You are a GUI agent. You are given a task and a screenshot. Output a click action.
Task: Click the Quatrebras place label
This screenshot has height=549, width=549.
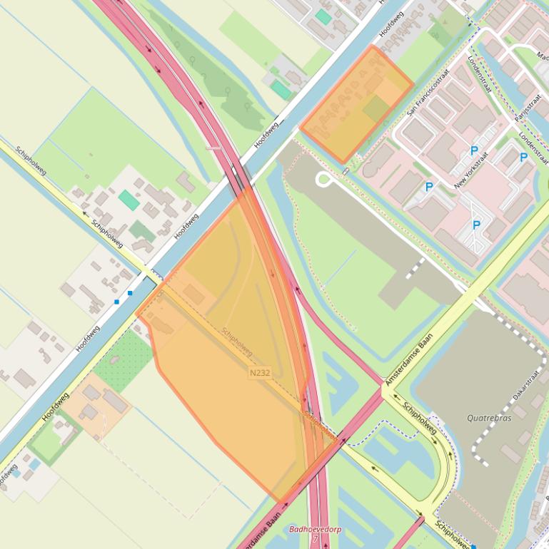(489, 418)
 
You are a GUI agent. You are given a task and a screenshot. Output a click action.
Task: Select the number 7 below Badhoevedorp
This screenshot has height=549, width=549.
(314, 539)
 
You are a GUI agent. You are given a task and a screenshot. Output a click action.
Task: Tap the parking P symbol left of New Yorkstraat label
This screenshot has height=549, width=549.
(429, 187)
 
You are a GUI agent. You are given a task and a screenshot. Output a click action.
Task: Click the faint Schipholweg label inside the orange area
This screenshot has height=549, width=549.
(237, 342)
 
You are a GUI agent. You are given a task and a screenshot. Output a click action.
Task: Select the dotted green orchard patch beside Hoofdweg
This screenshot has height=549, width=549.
(123, 360)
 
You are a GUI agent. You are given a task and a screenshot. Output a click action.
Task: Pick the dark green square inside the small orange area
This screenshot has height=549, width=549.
(376, 108)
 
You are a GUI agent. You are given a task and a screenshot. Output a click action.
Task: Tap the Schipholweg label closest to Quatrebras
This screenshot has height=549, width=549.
(419, 419)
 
